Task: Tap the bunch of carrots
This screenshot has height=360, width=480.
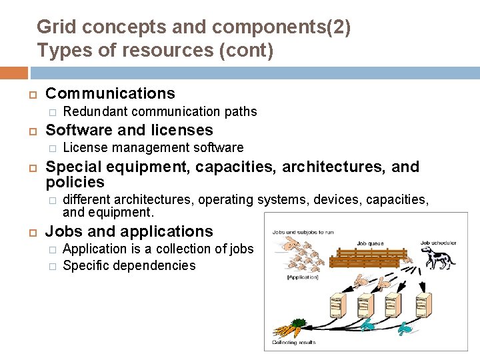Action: [287, 329]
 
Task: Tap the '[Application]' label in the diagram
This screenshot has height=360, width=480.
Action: [303, 277]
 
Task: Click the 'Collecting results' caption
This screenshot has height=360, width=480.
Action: [294, 343]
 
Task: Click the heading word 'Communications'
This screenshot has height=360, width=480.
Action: [110, 93]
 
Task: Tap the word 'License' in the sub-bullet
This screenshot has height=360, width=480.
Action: [85, 147]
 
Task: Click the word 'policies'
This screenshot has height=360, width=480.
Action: [75, 182]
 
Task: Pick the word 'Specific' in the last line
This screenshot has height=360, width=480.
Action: [85, 265]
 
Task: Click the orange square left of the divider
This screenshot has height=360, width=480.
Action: [14, 73]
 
